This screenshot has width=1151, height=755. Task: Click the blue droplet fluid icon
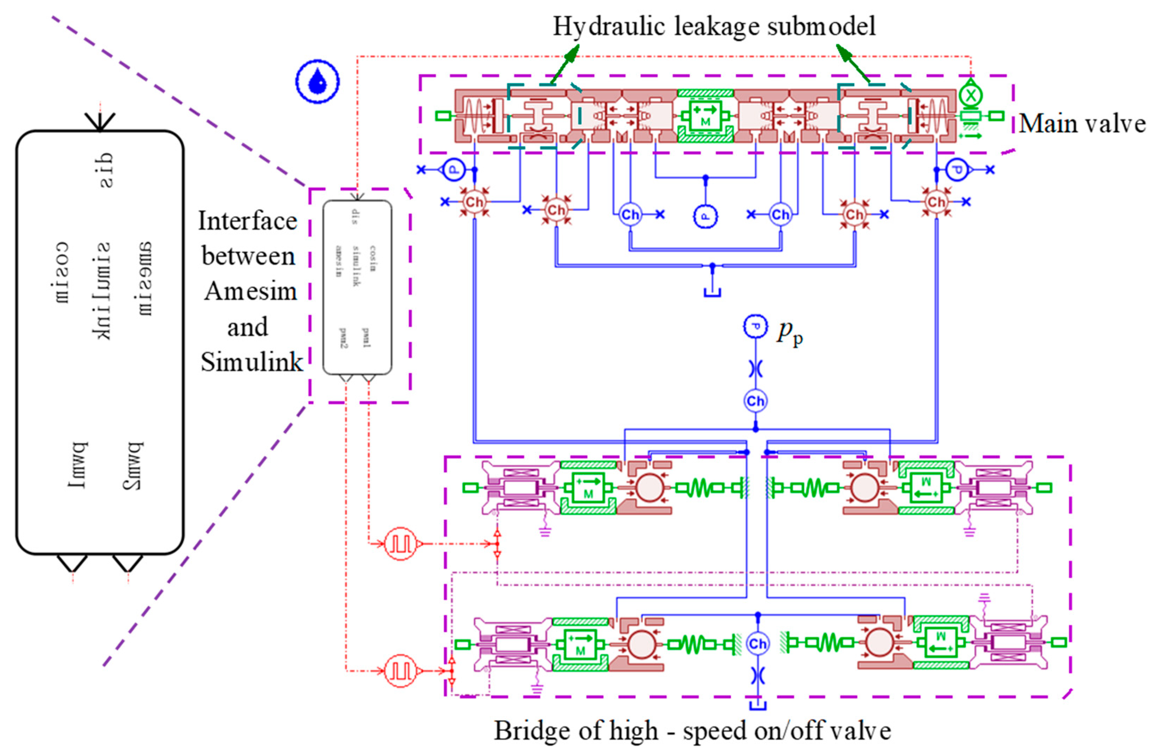point(317,81)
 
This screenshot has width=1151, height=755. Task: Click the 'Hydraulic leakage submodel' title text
point(714,26)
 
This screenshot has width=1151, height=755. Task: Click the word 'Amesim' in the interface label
point(250,291)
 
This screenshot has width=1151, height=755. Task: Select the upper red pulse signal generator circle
point(400,544)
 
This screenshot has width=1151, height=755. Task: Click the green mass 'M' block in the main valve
point(705,116)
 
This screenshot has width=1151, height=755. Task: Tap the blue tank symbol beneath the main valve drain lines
point(712,292)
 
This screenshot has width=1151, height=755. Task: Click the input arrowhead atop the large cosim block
point(99,121)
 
